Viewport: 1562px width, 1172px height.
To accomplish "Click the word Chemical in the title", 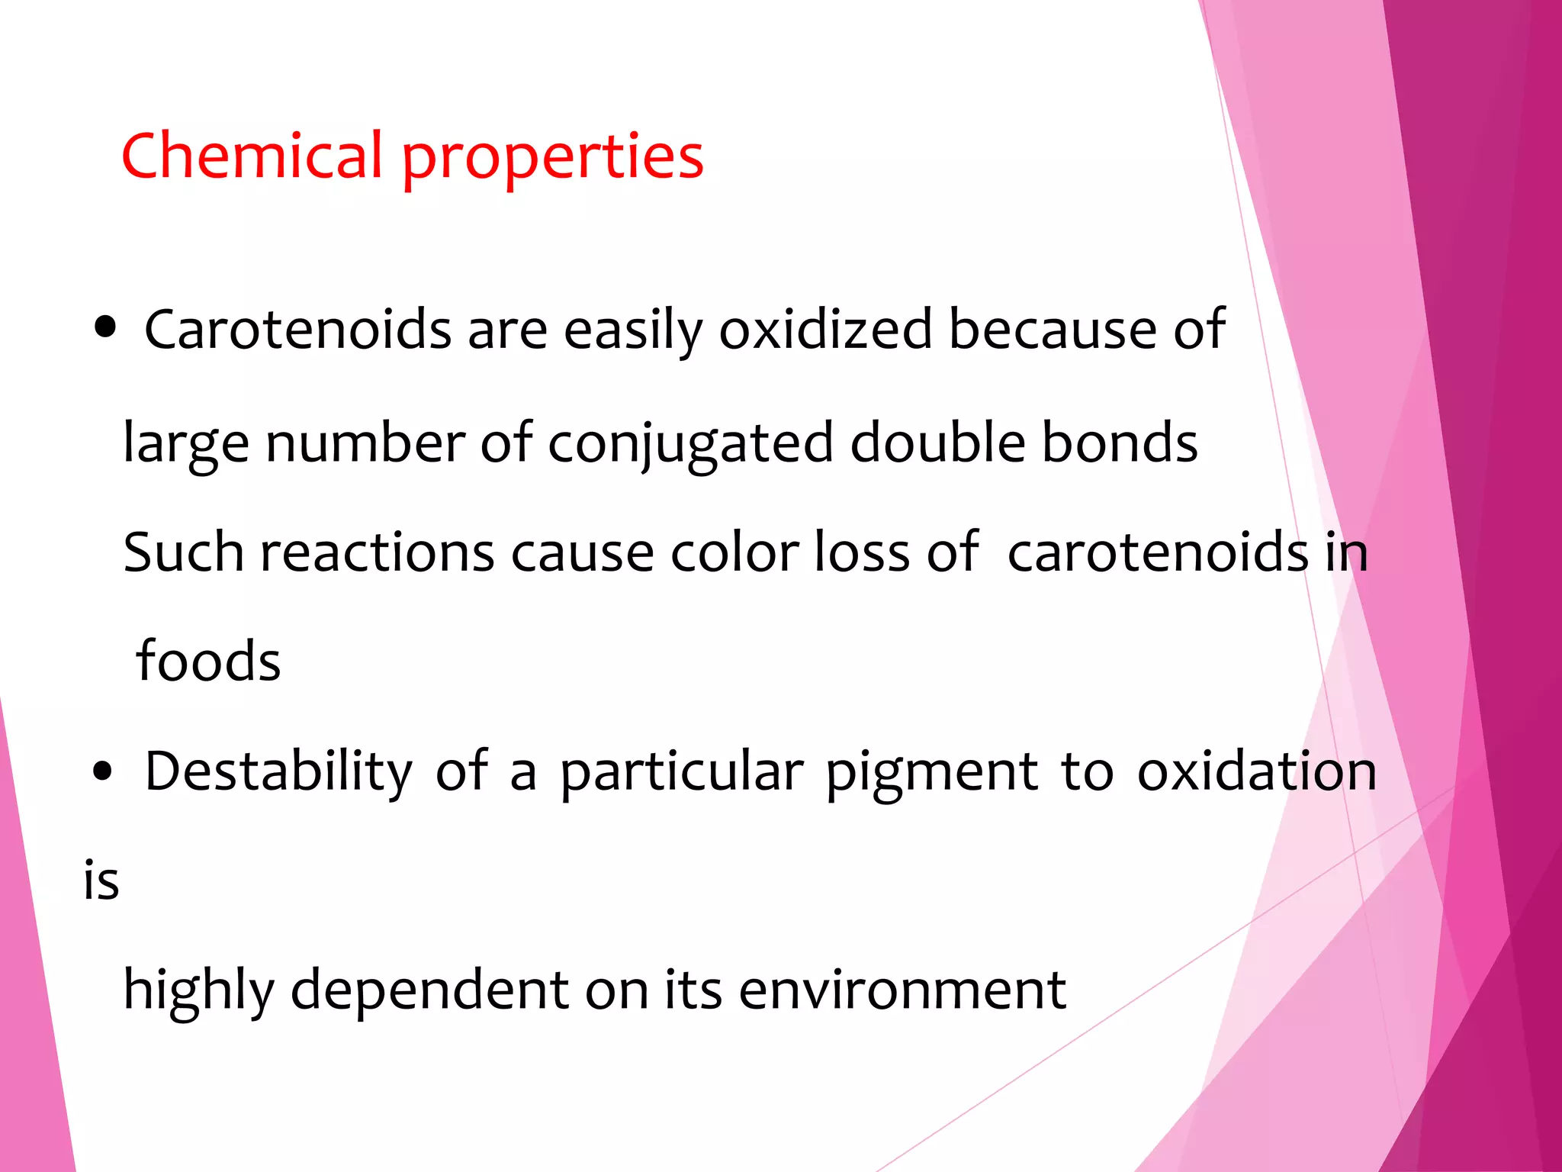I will click(252, 156).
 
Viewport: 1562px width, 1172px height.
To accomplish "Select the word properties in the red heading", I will click(552, 159).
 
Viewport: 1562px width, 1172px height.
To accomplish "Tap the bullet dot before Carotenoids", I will click(105, 328).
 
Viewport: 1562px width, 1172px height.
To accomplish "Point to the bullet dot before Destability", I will click(102, 771).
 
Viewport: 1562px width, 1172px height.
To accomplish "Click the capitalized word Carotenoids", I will click(298, 330).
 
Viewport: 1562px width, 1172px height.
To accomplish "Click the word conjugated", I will click(691, 444).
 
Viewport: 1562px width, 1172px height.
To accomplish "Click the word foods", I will click(208, 661).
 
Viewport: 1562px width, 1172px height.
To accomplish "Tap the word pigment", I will click(931, 773).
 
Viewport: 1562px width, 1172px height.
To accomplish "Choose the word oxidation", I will click(1257, 771).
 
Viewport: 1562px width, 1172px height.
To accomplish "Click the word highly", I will click(198, 990).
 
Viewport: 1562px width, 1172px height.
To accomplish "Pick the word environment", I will click(902, 990).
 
